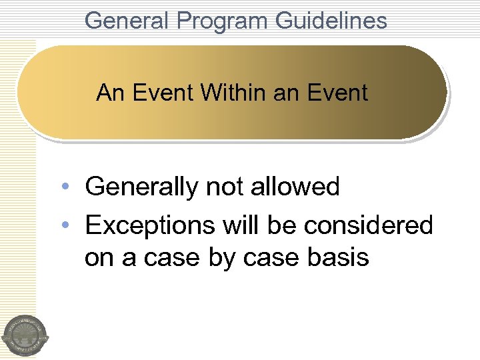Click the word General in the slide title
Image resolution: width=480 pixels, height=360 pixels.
pos(127,21)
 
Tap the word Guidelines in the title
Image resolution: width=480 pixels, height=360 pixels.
pos(331,21)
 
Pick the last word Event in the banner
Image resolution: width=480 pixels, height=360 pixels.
pos(337,93)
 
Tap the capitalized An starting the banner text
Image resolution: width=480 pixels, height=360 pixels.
pos(111,93)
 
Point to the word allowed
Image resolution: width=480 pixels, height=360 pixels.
pos(295,187)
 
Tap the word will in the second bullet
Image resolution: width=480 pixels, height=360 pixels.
pos(240,225)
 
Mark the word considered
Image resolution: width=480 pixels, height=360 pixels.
pos(369,225)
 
